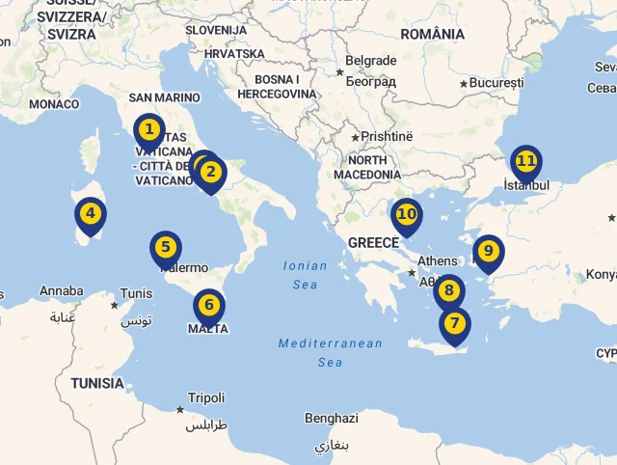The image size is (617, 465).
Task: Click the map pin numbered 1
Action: point(148,129)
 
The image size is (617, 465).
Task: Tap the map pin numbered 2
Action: point(211,174)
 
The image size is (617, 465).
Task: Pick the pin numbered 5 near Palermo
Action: point(166,248)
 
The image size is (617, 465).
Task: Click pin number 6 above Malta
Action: point(209,307)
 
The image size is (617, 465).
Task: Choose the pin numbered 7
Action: point(454,324)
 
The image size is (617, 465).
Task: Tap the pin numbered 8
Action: point(448,290)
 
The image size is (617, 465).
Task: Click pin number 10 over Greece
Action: point(407,215)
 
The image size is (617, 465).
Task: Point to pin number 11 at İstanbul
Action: point(525,161)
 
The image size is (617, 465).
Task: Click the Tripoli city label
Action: point(206,397)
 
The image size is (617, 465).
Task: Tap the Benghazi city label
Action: point(331,419)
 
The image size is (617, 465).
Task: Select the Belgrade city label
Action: point(370,61)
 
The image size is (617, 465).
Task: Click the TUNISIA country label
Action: point(96,383)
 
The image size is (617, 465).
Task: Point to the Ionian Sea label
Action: point(305,275)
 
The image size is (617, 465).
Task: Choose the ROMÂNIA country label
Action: point(432,34)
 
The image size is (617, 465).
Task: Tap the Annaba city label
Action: point(61,290)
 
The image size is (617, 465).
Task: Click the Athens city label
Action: point(438,260)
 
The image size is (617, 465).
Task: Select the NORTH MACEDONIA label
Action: point(367,167)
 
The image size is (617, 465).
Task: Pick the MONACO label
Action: point(54,104)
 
